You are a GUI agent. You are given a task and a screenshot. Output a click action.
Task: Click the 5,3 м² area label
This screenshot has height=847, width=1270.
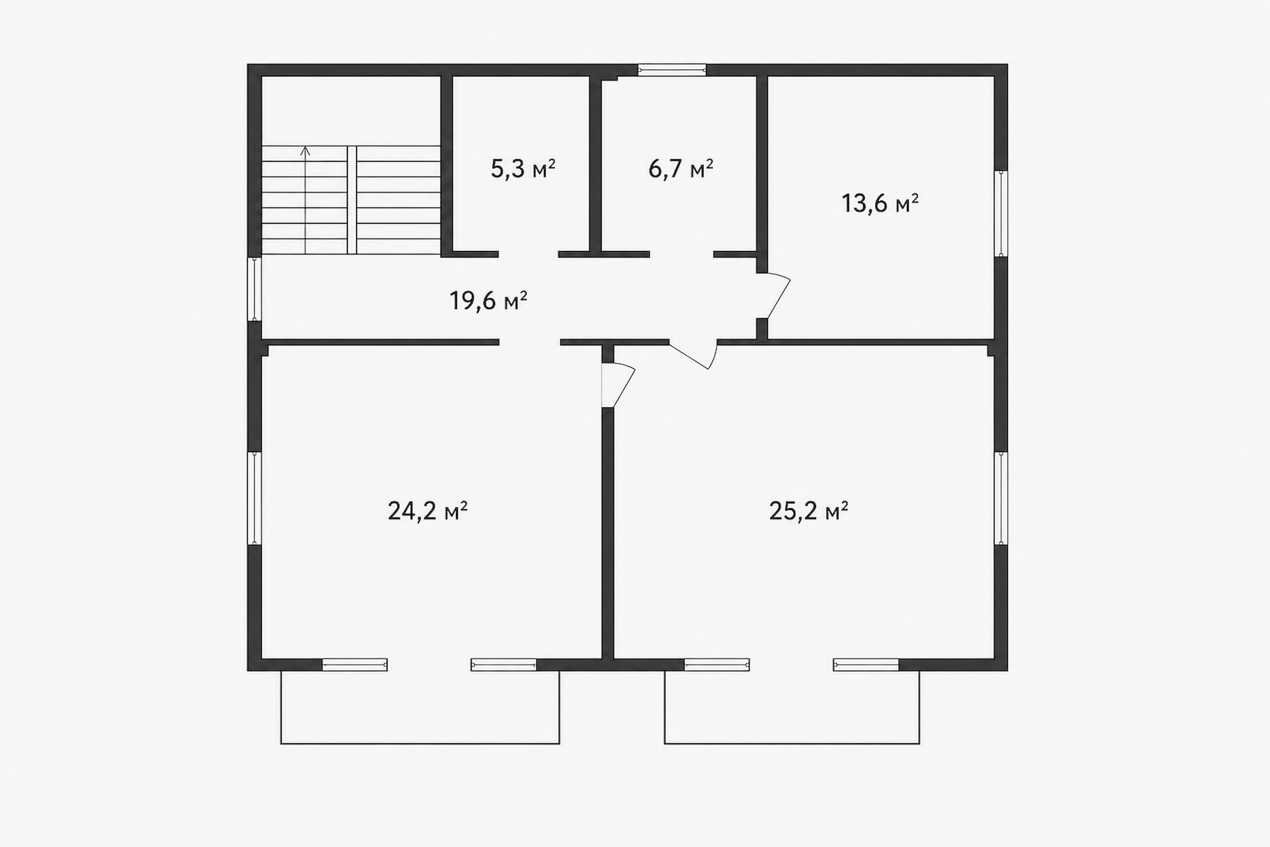tap(523, 169)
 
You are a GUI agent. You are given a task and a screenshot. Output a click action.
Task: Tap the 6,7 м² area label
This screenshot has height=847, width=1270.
tap(681, 169)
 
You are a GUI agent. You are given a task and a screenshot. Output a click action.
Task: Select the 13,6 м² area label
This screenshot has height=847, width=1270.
tap(880, 203)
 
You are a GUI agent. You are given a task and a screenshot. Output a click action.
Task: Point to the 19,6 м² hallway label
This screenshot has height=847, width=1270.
tap(488, 301)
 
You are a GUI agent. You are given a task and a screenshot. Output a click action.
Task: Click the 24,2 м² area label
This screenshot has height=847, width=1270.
tap(428, 511)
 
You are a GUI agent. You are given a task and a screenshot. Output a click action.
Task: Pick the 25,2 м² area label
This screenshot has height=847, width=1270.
tap(809, 511)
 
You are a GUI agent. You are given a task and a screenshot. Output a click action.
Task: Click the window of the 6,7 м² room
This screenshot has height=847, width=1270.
tap(671, 69)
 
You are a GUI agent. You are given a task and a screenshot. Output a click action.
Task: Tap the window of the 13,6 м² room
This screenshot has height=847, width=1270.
tap(1001, 213)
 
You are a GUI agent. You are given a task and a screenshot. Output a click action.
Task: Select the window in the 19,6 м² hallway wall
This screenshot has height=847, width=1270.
tap(254, 289)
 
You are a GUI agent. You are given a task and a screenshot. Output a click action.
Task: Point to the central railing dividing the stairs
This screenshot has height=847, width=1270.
tap(352, 200)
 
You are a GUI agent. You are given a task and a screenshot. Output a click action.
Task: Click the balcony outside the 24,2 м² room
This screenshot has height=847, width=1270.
tap(420, 707)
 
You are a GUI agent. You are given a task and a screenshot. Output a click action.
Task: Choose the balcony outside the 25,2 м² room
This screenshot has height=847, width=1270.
tap(792, 707)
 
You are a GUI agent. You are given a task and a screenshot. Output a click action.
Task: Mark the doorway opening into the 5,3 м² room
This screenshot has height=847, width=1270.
tap(529, 254)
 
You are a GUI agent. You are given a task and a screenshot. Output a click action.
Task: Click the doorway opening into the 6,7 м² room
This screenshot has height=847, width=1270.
tap(681, 254)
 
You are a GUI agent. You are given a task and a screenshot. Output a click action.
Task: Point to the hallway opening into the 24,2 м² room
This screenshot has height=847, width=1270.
tap(530, 342)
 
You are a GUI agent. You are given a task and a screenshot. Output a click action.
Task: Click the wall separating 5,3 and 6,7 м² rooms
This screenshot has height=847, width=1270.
tap(595, 165)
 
